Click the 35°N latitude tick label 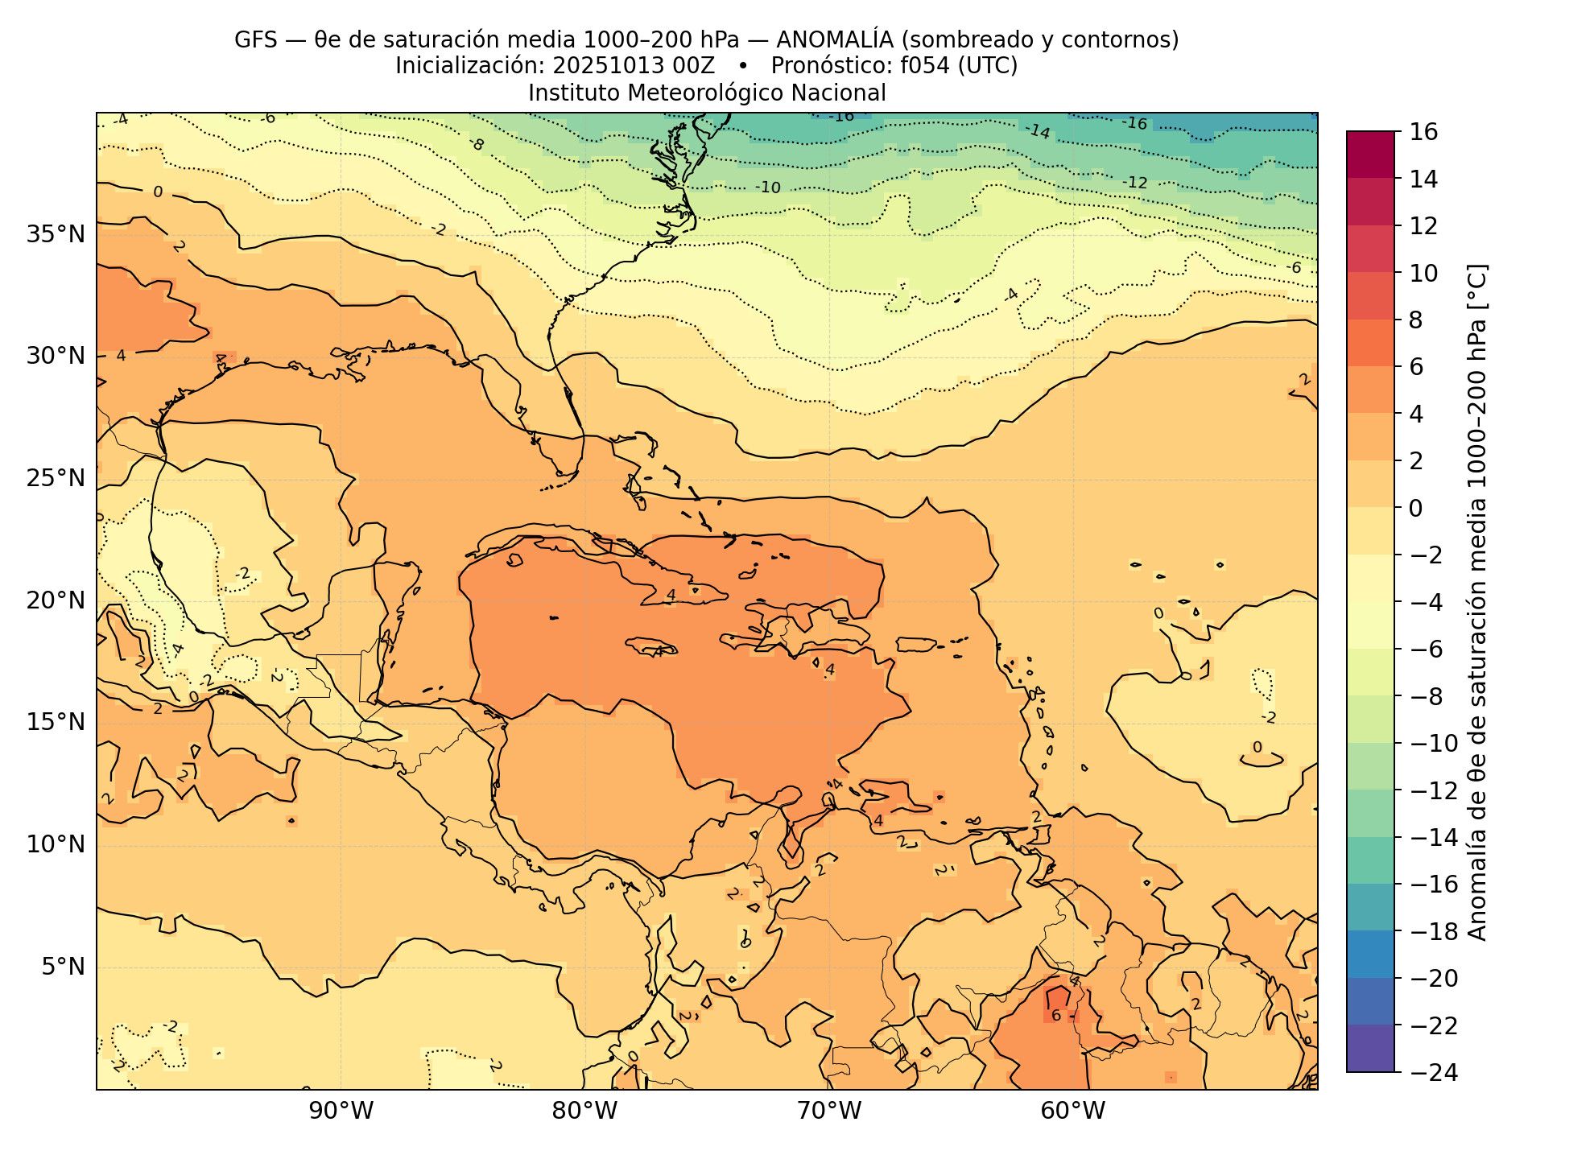coord(56,234)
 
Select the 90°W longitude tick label coord(341,1112)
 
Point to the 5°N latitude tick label coord(62,966)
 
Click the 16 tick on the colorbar coord(1424,132)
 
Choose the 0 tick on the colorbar coord(1416,508)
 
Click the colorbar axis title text coord(1477,602)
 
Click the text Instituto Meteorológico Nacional coord(707,93)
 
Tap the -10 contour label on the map coord(768,188)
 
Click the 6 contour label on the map coord(1056,1016)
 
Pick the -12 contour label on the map coord(1134,183)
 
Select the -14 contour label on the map coord(1038,131)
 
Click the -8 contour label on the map coord(477,144)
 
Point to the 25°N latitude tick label coord(56,478)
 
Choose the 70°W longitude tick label coord(829,1112)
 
